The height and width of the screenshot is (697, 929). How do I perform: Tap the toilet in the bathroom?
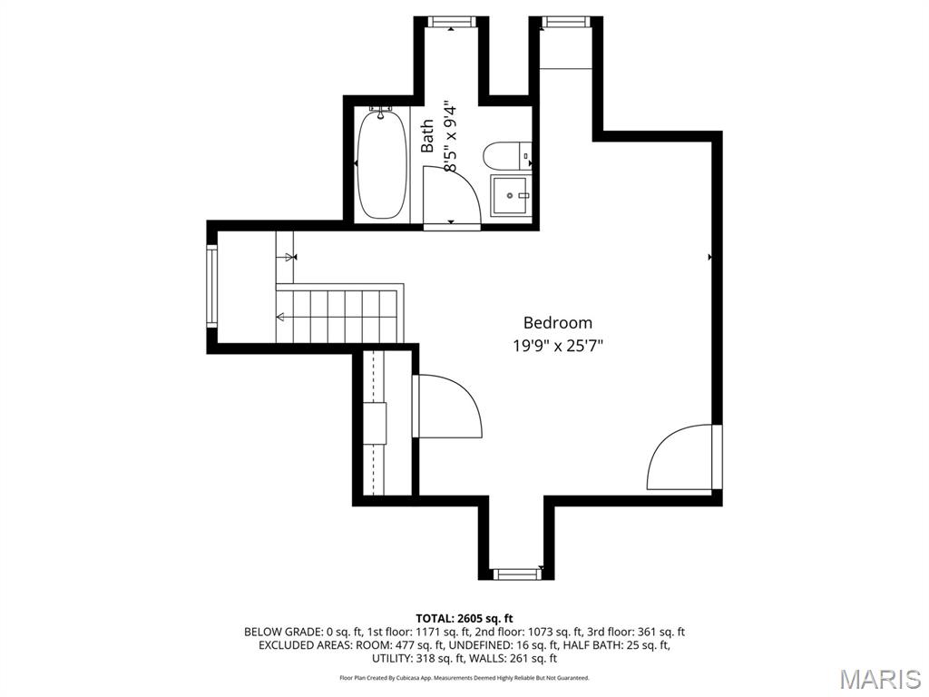[502, 156]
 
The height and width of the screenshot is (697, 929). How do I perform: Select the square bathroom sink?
[511, 195]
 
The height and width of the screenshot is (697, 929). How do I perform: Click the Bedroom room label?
[557, 322]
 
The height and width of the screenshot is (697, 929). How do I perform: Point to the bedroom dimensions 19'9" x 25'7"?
[557, 345]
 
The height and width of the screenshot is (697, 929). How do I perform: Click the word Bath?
[427, 136]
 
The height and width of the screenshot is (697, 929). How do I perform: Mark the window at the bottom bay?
[516, 574]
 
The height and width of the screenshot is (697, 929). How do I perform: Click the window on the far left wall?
[211, 287]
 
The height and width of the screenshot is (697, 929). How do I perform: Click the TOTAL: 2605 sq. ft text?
[464, 618]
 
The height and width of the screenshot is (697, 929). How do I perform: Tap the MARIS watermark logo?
[879, 678]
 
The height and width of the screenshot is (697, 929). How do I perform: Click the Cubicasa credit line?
[464, 678]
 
